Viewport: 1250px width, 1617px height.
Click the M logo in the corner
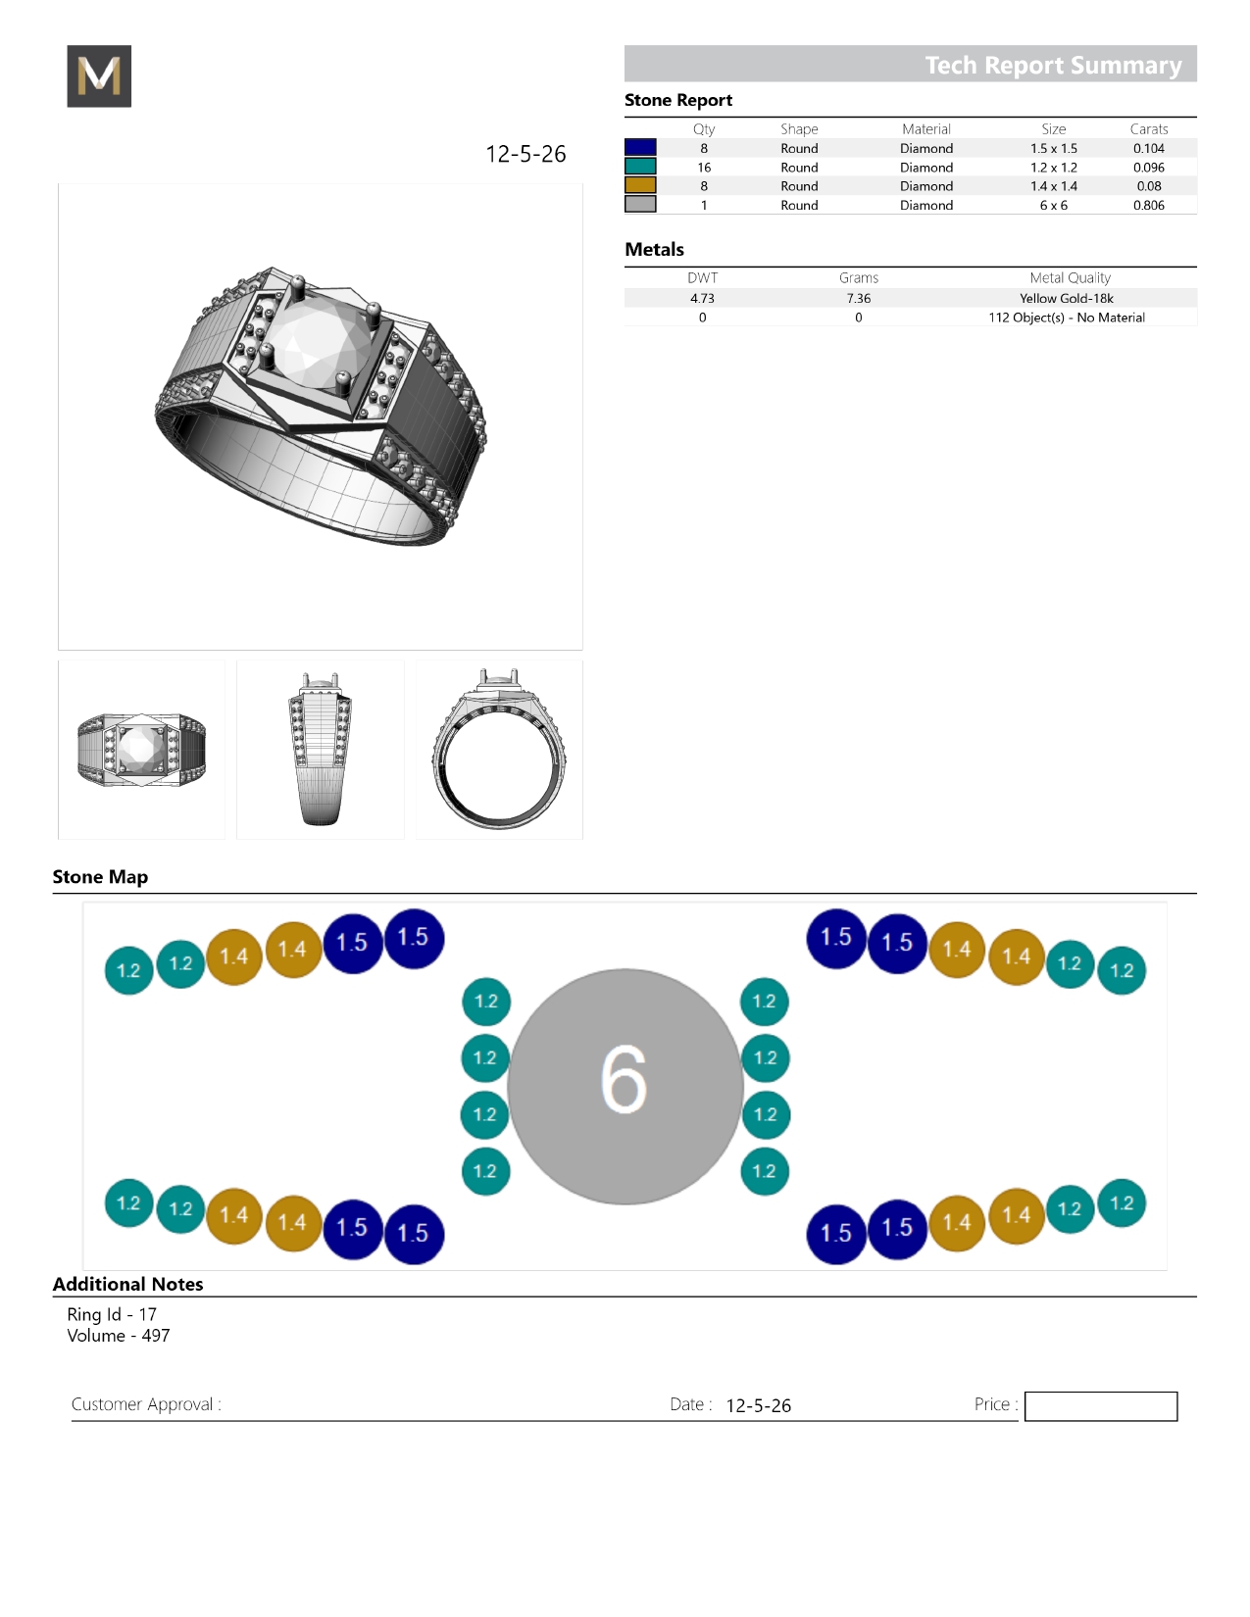[x=99, y=75]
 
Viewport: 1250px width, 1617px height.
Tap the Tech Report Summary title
[x=1053, y=65]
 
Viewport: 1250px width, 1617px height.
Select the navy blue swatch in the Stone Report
[x=640, y=147]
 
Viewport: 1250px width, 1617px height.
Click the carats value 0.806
[x=1148, y=205]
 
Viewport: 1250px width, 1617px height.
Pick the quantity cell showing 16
[x=704, y=168]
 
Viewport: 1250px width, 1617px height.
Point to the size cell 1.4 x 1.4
[x=1054, y=186]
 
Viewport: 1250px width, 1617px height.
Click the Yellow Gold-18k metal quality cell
[x=1066, y=298]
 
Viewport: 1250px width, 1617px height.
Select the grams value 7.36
[x=859, y=298]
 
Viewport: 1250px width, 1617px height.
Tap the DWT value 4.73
[x=702, y=298]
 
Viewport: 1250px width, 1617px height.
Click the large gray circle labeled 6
[x=625, y=1086]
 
